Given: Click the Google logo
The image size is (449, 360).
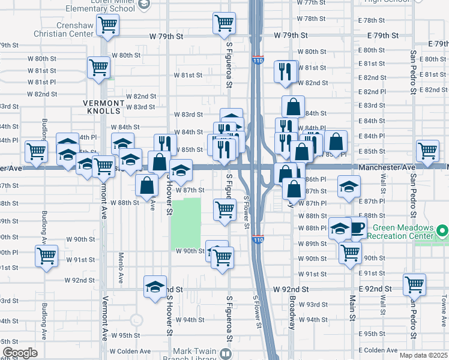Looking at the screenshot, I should pyautogui.click(x=19, y=353).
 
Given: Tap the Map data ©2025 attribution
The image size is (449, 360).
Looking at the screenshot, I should pyautogui.click(x=423, y=355).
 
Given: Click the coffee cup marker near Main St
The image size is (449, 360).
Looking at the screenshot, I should pyautogui.click(x=358, y=229).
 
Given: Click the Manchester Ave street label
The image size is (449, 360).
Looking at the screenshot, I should pyautogui.click(x=387, y=167).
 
